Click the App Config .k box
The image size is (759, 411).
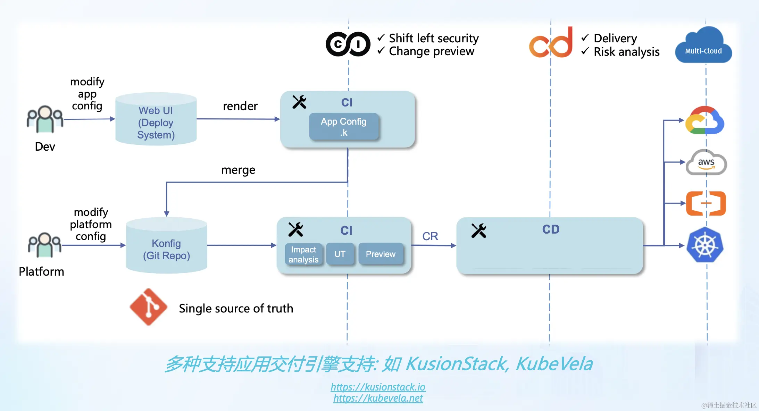point(343,127)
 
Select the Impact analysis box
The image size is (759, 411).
point(303,254)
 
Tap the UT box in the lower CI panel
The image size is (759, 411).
point(340,254)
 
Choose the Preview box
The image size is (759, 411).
point(381,254)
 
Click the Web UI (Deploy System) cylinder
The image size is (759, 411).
point(156,120)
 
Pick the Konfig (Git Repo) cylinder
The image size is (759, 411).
point(166,246)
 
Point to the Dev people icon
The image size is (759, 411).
point(45,119)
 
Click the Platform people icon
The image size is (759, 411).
point(45,245)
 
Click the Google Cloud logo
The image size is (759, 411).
point(704,120)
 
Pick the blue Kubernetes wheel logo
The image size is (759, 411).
point(705,245)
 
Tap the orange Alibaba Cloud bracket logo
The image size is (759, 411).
point(706,203)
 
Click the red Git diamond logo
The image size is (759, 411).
point(149,307)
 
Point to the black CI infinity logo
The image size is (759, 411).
point(348,44)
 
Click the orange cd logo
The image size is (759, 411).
point(551,43)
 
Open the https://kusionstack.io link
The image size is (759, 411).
point(378,387)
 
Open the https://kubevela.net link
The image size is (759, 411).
point(378,398)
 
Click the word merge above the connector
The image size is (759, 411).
point(238,170)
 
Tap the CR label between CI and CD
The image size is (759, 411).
point(430,236)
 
